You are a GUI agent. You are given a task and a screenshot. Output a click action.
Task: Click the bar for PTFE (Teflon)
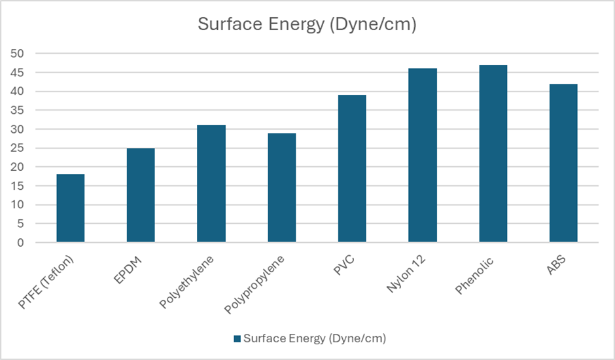click(x=71, y=208)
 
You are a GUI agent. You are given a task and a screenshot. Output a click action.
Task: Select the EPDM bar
click(x=141, y=195)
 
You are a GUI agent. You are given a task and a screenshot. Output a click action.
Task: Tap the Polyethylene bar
click(x=211, y=184)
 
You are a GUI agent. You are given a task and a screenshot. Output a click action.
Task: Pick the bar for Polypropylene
click(x=281, y=188)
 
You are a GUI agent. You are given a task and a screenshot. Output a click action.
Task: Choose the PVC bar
click(x=352, y=169)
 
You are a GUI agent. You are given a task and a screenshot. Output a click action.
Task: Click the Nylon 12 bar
click(x=423, y=156)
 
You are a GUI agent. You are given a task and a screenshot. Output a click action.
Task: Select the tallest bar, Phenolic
click(x=493, y=154)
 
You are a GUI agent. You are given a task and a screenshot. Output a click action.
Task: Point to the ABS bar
click(x=563, y=163)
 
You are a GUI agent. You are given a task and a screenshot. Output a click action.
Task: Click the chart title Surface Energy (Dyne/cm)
click(x=307, y=25)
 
